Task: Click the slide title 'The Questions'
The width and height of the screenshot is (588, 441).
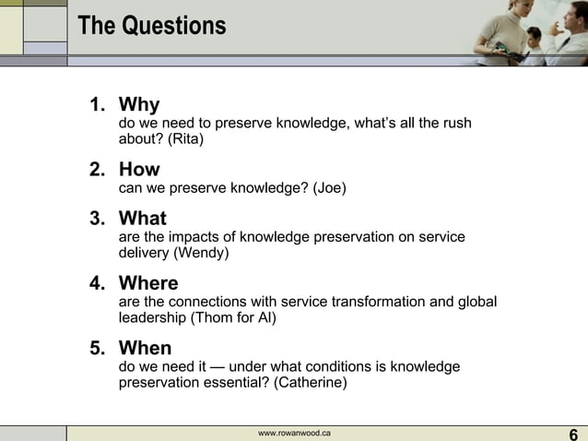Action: point(152,26)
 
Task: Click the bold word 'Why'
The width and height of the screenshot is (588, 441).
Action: point(139,105)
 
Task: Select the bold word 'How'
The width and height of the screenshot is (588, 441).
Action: point(139,170)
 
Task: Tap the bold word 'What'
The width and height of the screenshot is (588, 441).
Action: point(143,219)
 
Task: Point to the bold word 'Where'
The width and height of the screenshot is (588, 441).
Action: point(148,283)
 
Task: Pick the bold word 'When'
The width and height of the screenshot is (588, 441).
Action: point(146,348)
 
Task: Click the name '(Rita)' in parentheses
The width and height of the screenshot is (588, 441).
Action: point(185,140)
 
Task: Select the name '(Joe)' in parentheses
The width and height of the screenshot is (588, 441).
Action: point(330,189)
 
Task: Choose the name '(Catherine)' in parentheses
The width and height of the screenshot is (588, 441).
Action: point(311,383)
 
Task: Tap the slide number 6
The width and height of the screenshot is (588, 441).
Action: point(573,434)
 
